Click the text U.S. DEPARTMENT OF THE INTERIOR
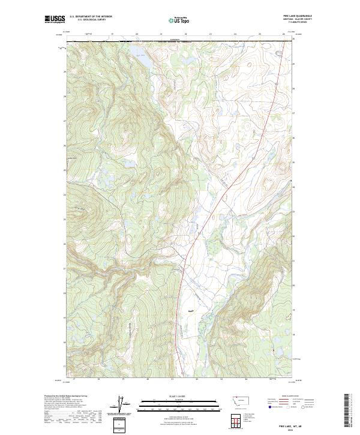click(91, 17)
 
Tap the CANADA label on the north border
click(175, 40)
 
